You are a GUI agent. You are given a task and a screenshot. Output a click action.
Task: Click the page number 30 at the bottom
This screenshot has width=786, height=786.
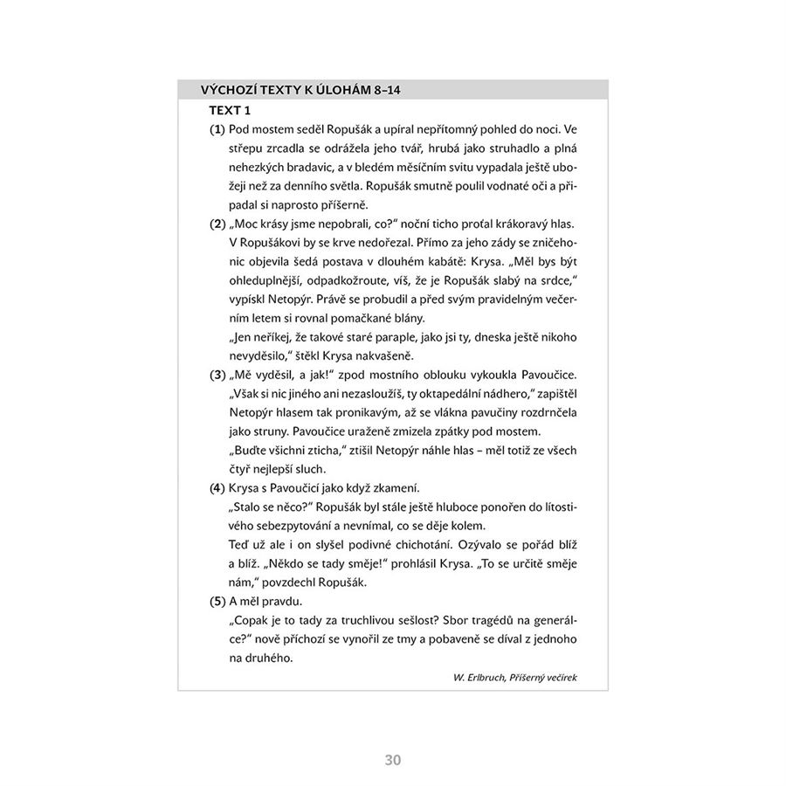click(392, 760)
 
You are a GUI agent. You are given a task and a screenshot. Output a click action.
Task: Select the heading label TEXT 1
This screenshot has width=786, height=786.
click(230, 110)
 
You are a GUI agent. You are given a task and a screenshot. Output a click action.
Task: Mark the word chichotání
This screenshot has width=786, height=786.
click(417, 544)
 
